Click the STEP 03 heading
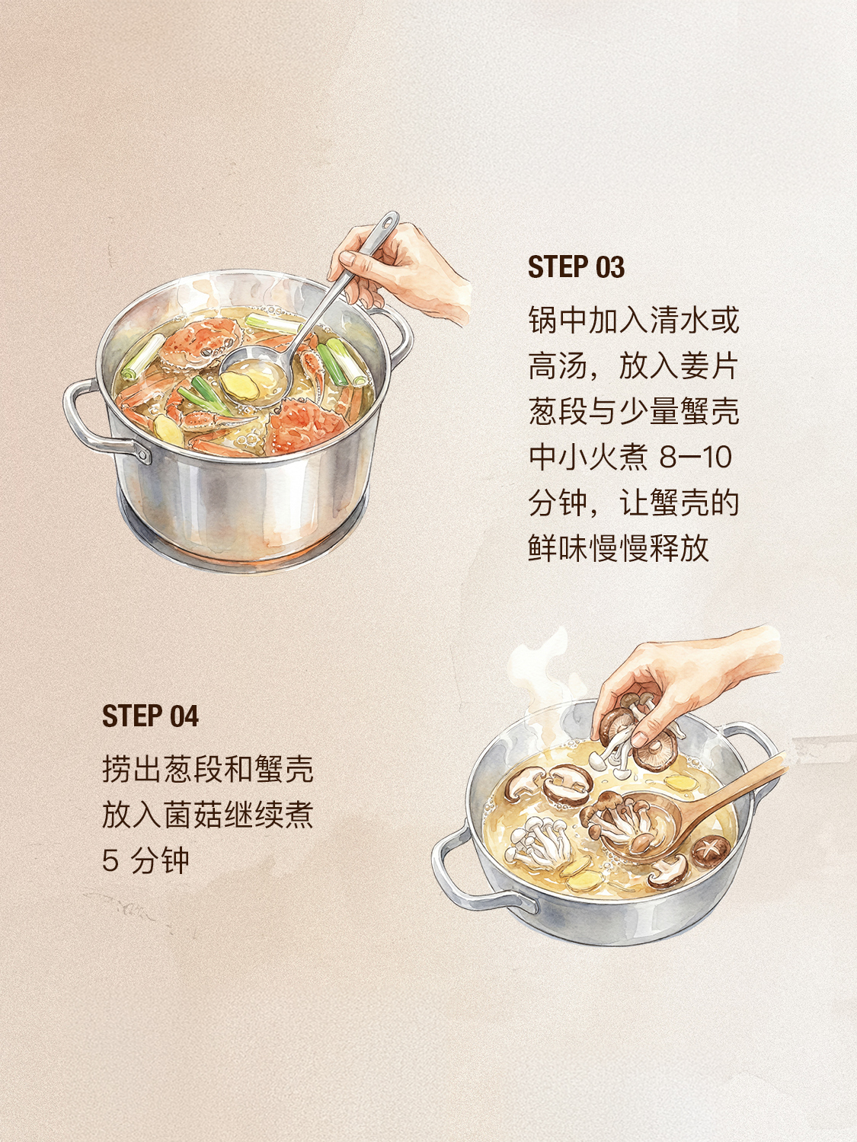[576, 267]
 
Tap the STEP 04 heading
[150, 716]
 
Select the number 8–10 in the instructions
[696, 458]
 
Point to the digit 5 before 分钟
[110, 860]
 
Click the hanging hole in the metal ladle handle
[388, 222]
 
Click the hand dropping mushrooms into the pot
[687, 681]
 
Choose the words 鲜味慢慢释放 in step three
[619, 548]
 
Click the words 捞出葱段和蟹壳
[208, 769]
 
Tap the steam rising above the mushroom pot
[541, 671]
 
